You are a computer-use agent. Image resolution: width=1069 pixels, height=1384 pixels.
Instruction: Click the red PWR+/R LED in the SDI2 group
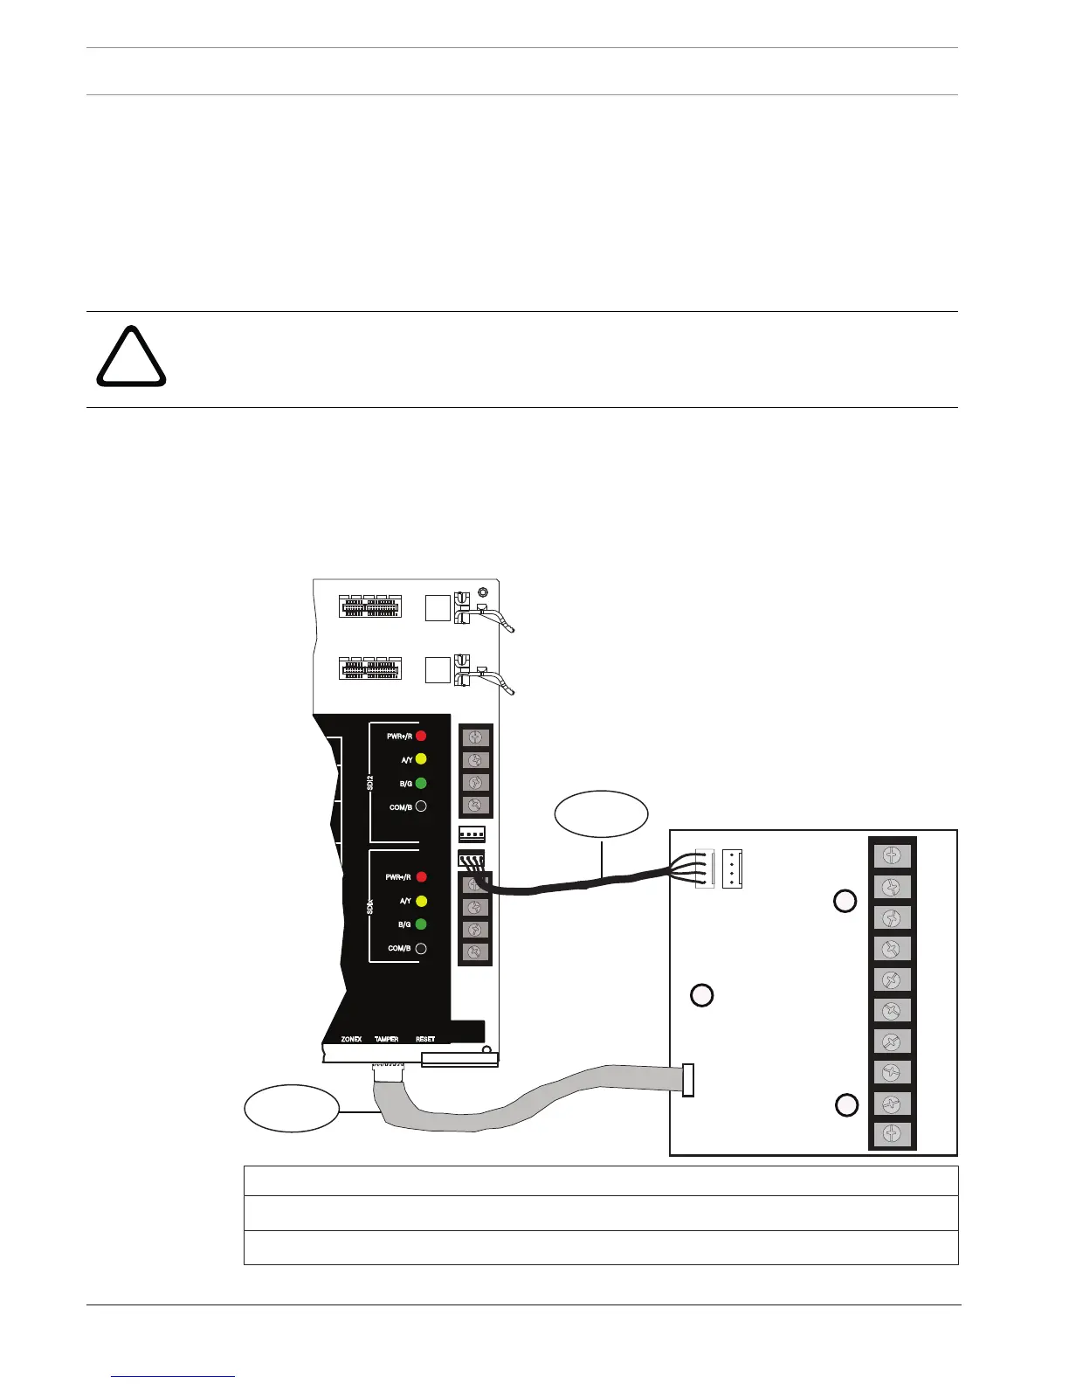[421, 737]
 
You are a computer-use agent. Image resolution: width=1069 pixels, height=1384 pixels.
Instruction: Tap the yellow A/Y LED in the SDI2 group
[421, 759]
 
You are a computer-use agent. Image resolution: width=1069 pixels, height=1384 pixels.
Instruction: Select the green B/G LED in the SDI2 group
[421, 783]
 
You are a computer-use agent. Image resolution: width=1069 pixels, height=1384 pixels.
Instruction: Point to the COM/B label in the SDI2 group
[401, 807]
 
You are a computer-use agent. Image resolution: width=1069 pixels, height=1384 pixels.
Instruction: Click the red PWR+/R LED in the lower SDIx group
[421, 877]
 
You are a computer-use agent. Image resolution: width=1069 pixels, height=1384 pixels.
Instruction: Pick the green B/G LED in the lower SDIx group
[421, 924]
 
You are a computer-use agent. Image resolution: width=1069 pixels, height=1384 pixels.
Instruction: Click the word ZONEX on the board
[351, 1039]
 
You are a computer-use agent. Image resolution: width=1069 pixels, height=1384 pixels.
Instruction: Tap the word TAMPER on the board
[387, 1039]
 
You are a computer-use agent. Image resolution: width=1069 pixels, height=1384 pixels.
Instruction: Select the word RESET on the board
[425, 1039]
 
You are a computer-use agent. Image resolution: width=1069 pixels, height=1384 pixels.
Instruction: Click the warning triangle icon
[130, 358]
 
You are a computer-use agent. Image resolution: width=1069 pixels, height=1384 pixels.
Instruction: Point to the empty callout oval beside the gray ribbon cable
[292, 1109]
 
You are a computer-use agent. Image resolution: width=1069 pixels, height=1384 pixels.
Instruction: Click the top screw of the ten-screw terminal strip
[892, 856]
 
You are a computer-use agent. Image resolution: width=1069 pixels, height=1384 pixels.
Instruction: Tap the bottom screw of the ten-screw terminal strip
[892, 1134]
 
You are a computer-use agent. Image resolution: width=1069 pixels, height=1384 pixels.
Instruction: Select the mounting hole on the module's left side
[702, 994]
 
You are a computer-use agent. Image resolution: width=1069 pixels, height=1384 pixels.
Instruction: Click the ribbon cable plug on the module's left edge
[688, 1080]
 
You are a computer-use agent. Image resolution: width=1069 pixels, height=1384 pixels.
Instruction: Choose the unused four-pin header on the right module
[732, 870]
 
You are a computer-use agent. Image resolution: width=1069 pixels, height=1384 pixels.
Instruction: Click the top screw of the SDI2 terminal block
[476, 737]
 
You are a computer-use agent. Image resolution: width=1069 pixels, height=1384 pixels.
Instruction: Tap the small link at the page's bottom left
[174, 1376]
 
